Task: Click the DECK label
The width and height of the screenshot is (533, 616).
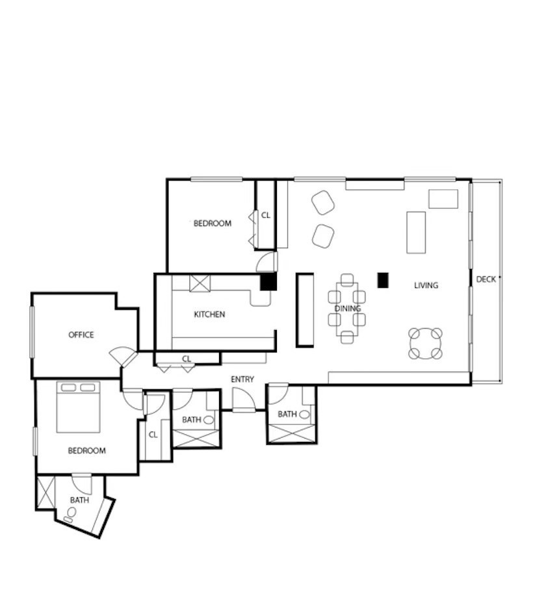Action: click(x=486, y=279)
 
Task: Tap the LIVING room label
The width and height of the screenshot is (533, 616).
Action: click(x=426, y=285)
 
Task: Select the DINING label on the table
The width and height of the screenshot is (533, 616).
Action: click(x=347, y=309)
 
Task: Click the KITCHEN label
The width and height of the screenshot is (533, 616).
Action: click(x=209, y=314)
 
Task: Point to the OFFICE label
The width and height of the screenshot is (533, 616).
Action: click(x=81, y=335)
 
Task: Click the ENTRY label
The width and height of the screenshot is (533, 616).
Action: click(x=242, y=379)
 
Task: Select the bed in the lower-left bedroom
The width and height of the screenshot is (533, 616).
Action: click(x=78, y=407)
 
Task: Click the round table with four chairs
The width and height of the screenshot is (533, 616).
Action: click(x=425, y=344)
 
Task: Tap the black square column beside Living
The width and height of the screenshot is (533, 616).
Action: click(x=383, y=280)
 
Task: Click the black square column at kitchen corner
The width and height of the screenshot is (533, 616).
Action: click(x=268, y=282)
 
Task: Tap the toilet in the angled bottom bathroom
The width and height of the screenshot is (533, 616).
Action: click(x=70, y=513)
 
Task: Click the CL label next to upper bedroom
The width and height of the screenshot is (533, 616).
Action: click(x=265, y=215)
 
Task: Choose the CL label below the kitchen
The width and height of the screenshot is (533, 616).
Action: click(x=187, y=359)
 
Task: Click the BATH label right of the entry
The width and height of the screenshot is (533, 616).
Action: click(x=287, y=415)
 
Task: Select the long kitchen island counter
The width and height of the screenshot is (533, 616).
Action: click(x=305, y=310)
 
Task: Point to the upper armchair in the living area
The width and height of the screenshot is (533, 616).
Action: click(x=322, y=203)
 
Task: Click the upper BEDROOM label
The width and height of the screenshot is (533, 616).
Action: click(x=212, y=224)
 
